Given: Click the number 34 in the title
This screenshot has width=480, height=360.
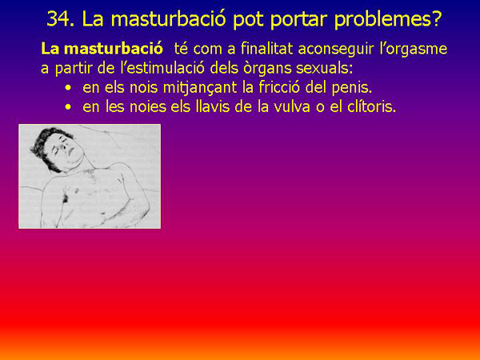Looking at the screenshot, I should pyautogui.click(x=61, y=18).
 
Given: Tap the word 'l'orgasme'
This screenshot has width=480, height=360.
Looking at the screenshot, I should pyautogui.click(x=414, y=49).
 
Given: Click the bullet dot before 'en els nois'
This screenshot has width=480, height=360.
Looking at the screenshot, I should pyautogui.click(x=70, y=86).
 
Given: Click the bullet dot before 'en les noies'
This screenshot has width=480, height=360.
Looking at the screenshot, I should pyautogui.click(x=70, y=106).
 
